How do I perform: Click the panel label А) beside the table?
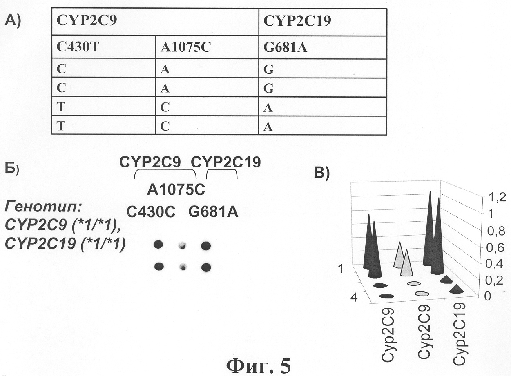click(13, 20)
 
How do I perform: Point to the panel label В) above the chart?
click(321, 173)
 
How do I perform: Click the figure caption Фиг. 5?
click(259, 365)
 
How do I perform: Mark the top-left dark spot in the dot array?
click(158, 245)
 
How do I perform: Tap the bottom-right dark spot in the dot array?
click(206, 267)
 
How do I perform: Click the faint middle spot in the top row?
click(182, 245)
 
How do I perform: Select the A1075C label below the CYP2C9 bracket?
click(176, 190)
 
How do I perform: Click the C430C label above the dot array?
click(151, 212)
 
